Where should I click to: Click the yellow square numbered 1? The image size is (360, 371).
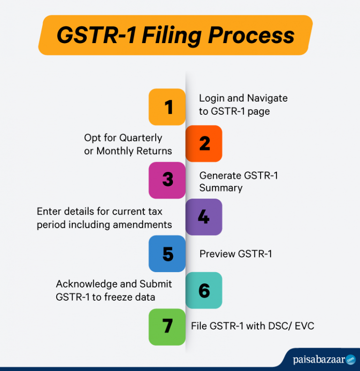tap(167, 107)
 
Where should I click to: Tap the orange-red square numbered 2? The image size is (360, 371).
tap(204, 143)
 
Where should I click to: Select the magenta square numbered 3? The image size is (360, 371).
tap(167, 180)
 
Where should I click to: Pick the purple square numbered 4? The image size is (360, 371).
tap(204, 216)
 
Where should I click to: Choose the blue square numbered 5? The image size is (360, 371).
tap(167, 253)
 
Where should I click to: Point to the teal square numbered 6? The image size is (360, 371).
tap(204, 290)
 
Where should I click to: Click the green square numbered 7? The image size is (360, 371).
tap(167, 326)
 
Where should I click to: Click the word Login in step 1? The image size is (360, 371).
tap(211, 98)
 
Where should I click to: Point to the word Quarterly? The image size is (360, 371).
tap(141, 138)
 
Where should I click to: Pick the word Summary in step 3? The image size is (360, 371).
tap(221, 188)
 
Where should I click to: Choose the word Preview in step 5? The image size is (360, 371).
tap(217, 254)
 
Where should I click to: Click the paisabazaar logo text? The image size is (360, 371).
tap(319, 360)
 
